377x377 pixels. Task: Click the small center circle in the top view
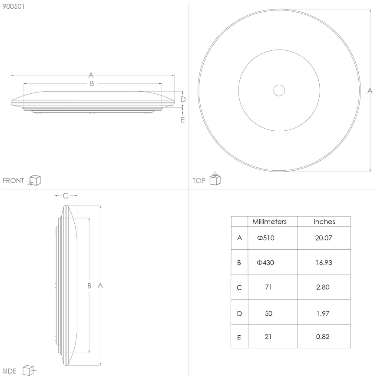point(279,90)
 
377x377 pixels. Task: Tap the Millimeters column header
point(269,222)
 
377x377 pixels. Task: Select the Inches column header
point(324,222)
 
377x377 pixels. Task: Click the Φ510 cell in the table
point(266,238)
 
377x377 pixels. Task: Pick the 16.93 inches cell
point(324,263)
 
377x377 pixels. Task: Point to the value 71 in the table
point(268,288)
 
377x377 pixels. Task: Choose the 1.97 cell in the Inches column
point(324,313)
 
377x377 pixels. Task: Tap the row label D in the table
point(239,313)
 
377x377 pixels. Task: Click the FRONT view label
point(13,181)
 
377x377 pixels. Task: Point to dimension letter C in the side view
point(66,196)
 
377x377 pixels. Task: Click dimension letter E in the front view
point(183,119)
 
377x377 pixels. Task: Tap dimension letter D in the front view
point(183,99)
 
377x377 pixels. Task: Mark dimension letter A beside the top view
point(370,90)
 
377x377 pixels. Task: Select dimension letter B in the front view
point(92,83)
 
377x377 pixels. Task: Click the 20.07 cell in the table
point(324,238)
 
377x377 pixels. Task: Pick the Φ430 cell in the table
point(266,263)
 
